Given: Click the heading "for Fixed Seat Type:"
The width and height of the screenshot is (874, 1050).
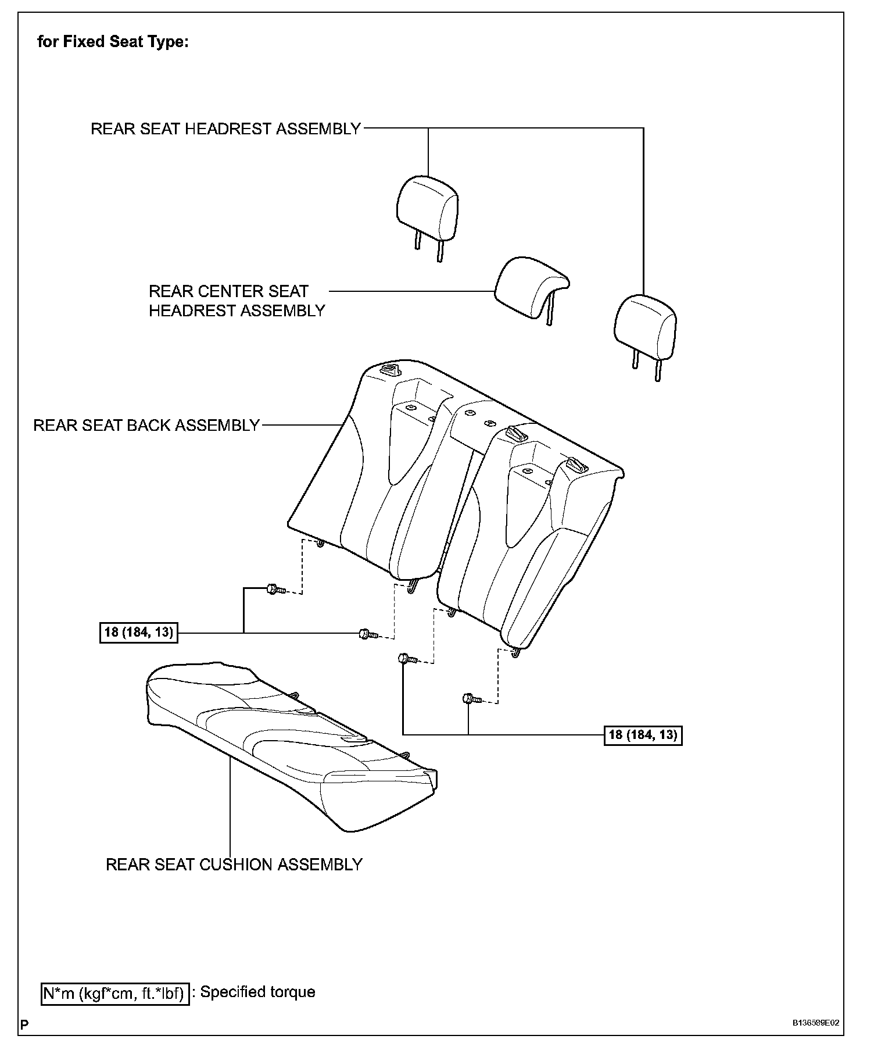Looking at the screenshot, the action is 113,42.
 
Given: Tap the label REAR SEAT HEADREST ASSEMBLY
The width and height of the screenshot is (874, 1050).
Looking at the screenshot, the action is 226,128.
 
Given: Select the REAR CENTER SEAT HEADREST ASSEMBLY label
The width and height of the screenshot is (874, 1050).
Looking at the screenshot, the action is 237,301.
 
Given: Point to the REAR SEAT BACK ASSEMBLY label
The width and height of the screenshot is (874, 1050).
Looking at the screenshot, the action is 146,425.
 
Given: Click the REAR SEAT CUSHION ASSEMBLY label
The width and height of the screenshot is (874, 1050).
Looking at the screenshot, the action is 234,865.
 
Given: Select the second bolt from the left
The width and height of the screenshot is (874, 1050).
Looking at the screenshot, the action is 367,634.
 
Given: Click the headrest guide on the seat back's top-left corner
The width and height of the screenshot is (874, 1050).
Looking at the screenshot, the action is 388,370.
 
